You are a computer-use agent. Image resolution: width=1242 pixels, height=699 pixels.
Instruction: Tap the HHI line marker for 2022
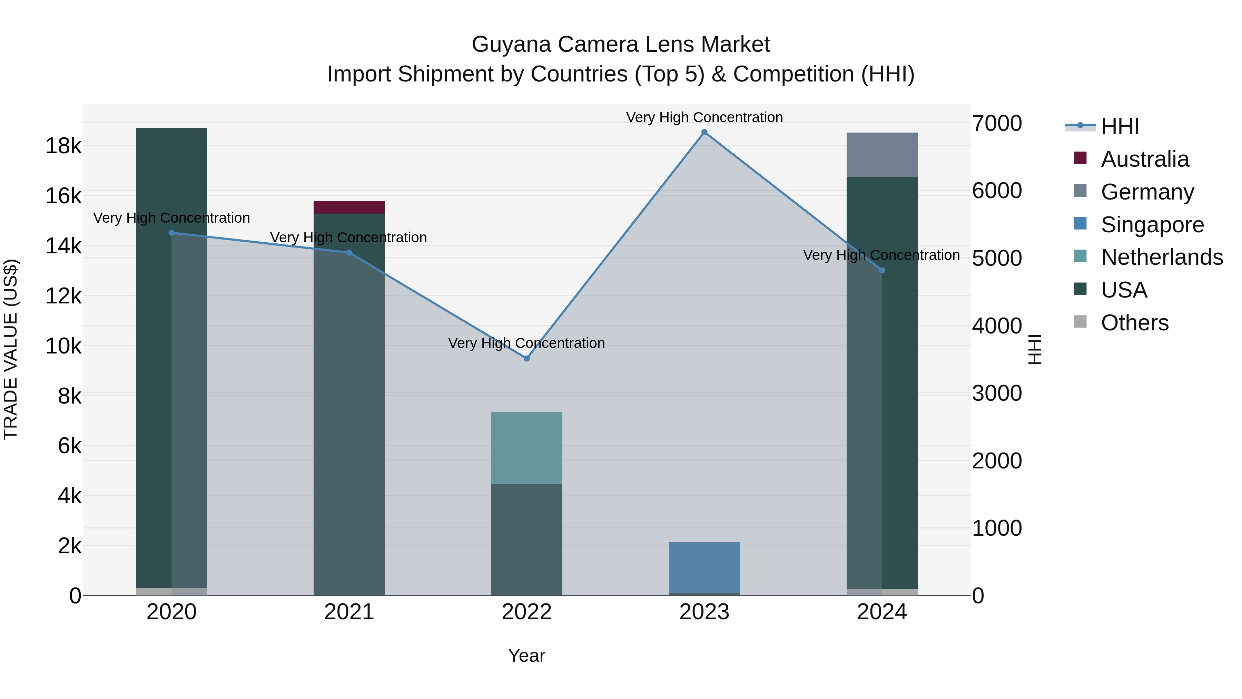click(526, 358)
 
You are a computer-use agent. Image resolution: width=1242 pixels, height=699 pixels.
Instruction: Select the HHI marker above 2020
click(172, 233)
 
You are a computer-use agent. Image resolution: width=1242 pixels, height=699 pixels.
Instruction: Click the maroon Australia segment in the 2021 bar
click(349, 207)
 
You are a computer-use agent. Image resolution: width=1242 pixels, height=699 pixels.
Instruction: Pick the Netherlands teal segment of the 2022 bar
click(526, 448)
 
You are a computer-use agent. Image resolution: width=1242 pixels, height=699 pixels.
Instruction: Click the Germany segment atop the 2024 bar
click(882, 155)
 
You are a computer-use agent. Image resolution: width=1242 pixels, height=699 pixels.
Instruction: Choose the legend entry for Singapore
click(1152, 225)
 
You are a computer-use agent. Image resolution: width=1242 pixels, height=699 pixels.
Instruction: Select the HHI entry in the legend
click(1120, 126)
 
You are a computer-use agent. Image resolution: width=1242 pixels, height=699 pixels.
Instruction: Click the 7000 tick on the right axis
click(996, 124)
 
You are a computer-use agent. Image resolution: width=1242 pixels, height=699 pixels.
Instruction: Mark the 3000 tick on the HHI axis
click(996, 394)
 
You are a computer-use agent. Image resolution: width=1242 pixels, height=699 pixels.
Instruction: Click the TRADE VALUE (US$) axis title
click(11, 349)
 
